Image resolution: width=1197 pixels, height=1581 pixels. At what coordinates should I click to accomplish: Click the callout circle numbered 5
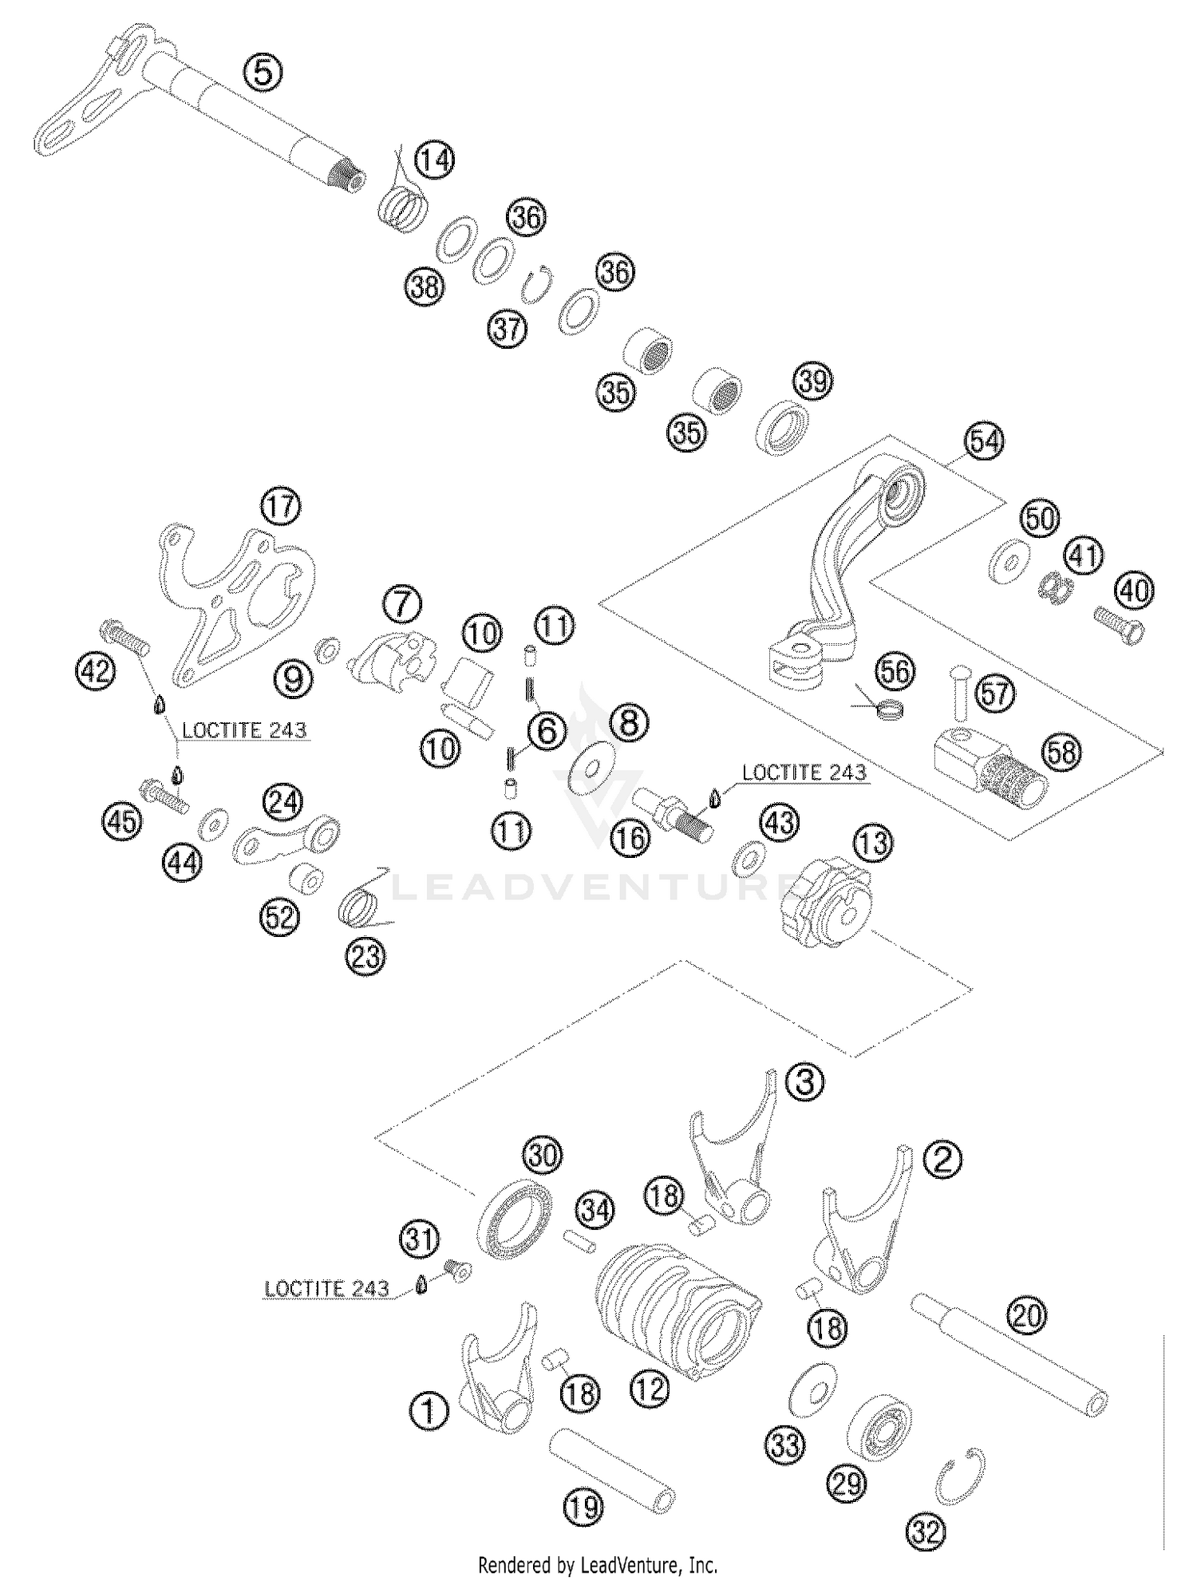click(263, 73)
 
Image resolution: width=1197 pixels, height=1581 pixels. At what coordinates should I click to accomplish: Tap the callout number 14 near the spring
click(437, 160)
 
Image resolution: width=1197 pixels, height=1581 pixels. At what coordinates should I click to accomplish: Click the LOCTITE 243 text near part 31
click(326, 1288)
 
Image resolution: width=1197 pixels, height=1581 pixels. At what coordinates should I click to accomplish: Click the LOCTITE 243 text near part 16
click(804, 773)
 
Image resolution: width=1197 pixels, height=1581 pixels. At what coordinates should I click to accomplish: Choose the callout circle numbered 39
click(812, 381)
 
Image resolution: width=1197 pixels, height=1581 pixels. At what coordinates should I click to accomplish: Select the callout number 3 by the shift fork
click(804, 1082)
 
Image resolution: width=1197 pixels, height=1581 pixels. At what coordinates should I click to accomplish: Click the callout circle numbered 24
click(285, 802)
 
